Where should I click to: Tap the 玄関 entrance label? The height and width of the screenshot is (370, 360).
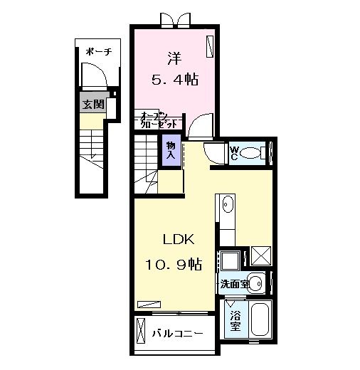pyautogui.click(x=92, y=105)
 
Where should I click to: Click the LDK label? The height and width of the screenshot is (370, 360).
pyautogui.click(x=175, y=238)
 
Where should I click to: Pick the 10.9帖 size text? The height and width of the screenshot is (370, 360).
pyautogui.click(x=175, y=265)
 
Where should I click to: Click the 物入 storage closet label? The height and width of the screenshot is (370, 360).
pyautogui.click(x=171, y=149)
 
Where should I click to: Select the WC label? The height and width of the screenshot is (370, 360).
pyautogui.click(x=233, y=153)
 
